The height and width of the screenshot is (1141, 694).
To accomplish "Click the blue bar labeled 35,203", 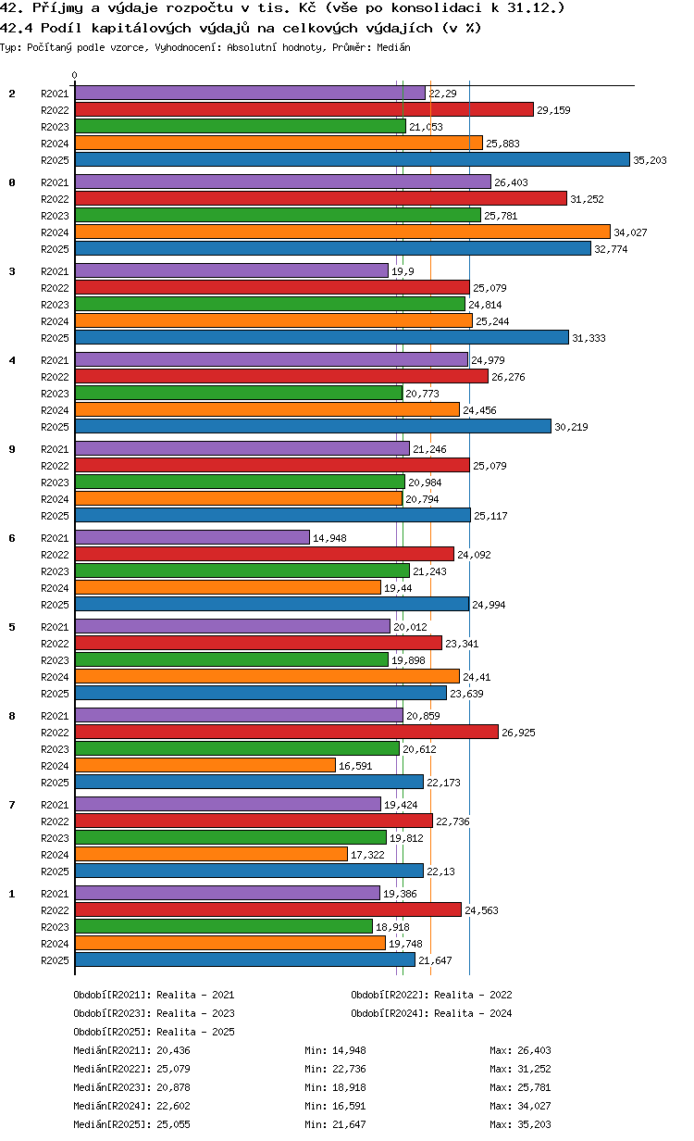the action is pos(352,160).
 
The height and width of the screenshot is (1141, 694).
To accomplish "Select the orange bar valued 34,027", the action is pos(342,232).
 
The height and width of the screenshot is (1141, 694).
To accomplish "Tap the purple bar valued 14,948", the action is pos(192,538).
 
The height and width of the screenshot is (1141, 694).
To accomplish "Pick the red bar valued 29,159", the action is pos(304,110).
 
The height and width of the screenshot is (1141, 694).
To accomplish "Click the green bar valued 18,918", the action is pos(224,927).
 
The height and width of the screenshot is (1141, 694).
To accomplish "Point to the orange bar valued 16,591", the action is pos(205,766).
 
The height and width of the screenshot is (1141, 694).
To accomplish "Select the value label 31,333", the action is pos(589,338).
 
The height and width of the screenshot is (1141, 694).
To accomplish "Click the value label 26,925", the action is pos(518,733).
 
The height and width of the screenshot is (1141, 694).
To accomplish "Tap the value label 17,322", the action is pos(367,855).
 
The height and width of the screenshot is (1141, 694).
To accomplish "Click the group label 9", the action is pos(12,449).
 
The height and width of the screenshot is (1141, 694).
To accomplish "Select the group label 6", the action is pos(12,538).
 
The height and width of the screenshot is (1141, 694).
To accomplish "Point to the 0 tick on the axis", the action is pos(75,75).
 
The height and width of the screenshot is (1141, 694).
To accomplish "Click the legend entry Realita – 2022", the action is pos(473,995).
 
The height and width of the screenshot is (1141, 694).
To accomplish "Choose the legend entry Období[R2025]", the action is pos(113,1032).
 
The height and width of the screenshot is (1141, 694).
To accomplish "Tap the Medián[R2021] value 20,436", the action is pos(174,1050).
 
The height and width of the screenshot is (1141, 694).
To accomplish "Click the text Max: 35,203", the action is pos(520,1124).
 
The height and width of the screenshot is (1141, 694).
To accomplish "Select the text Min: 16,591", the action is pos(335,1106).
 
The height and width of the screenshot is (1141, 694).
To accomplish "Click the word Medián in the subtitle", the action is pos(393,47).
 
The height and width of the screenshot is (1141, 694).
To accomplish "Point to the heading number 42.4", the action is pos(17,28).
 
